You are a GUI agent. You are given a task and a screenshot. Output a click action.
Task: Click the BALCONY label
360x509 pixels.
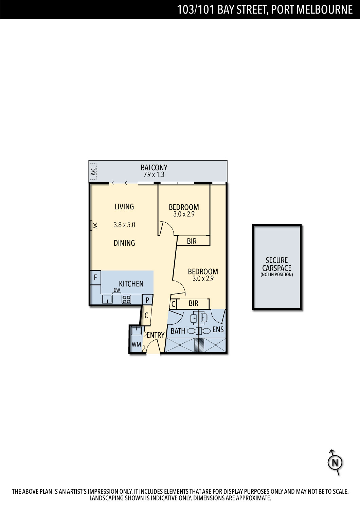click(154, 168)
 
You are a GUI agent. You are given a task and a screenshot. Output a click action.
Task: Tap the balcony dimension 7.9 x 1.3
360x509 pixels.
click(154, 174)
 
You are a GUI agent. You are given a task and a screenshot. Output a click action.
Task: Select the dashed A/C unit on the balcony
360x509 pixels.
click(93, 171)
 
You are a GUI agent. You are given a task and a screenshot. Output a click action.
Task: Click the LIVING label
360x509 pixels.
click(124, 207)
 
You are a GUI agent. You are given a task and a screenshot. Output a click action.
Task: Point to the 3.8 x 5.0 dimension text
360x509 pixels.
click(124, 225)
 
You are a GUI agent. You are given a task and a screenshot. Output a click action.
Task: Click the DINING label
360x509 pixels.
click(124, 243)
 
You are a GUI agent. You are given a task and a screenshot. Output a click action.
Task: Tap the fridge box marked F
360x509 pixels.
click(95, 278)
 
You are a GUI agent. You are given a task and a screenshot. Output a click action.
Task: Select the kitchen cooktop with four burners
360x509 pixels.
click(126, 299)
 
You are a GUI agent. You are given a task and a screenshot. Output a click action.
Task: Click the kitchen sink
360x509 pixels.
click(107, 299)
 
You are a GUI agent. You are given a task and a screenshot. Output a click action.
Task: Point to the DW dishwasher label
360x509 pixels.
click(117, 290)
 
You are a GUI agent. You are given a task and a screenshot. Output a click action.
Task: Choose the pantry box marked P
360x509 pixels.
click(147, 300)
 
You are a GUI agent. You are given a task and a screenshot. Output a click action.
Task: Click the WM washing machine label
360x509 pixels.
click(136, 344)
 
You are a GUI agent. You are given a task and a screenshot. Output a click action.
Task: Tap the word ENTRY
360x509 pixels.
click(156, 335)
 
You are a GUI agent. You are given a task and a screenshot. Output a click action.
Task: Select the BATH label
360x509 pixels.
click(178, 331)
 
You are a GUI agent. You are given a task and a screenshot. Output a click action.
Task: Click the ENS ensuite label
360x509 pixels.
click(218, 329)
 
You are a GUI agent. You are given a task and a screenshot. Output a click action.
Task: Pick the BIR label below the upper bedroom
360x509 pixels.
click(192, 241)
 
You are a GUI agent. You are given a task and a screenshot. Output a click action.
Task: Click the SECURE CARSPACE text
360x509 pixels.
click(277, 264)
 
